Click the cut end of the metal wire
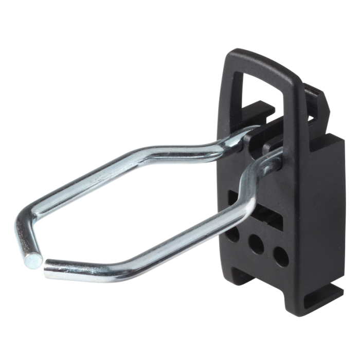[x=32, y=262]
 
